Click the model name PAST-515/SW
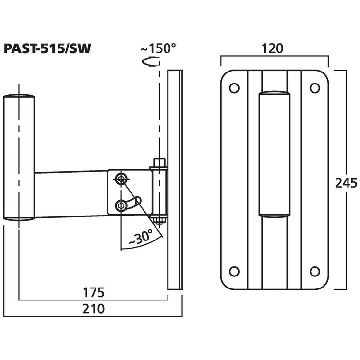point(48,49)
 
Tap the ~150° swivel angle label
point(158,48)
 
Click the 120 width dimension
point(274,48)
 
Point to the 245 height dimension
point(346,183)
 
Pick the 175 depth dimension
point(94,292)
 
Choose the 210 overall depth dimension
point(94,309)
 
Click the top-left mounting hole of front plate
point(234,88)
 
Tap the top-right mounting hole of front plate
point(314,88)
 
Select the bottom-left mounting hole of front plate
point(234,271)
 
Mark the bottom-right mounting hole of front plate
point(314,271)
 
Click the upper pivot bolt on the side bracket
point(120,179)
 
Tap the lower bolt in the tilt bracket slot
point(120,206)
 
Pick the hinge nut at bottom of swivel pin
point(158,221)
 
